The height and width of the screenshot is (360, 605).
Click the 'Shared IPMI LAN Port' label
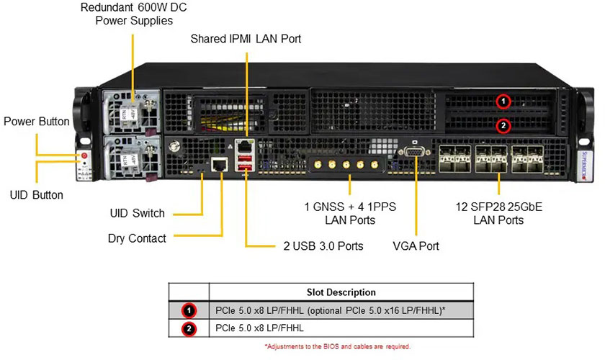[x=246, y=39]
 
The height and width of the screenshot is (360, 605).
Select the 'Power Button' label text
[x=37, y=122]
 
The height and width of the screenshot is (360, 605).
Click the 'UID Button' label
[x=37, y=195]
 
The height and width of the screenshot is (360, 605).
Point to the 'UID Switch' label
[x=137, y=213]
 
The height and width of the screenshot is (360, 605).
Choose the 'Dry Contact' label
[x=137, y=238]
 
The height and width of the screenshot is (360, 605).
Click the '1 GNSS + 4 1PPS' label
[x=351, y=207]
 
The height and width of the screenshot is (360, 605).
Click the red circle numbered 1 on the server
[x=504, y=101]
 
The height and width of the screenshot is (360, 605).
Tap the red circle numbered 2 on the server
[x=504, y=125]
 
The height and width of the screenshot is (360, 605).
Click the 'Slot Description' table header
[x=341, y=292]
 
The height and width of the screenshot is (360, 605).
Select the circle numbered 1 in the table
[x=189, y=311]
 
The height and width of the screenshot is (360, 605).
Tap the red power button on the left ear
[x=85, y=156]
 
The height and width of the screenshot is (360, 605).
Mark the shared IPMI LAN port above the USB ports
[x=246, y=146]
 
